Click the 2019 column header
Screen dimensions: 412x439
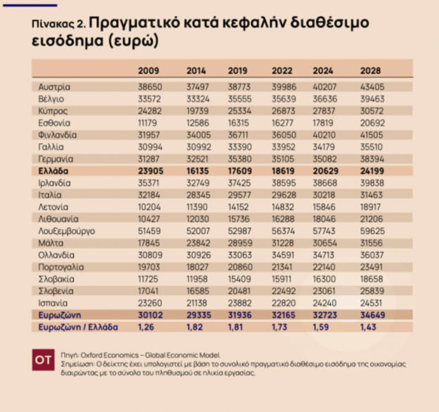click(239, 70)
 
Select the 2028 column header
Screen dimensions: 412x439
click(370, 70)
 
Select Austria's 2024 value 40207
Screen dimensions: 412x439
click(326, 86)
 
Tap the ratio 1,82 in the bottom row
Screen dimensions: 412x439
click(196, 327)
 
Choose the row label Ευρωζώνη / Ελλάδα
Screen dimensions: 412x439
click(78, 327)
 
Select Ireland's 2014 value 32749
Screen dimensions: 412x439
click(196, 183)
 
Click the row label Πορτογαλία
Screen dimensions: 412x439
click(61, 266)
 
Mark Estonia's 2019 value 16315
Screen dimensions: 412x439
click(239, 122)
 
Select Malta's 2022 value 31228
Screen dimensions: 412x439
click(283, 243)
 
